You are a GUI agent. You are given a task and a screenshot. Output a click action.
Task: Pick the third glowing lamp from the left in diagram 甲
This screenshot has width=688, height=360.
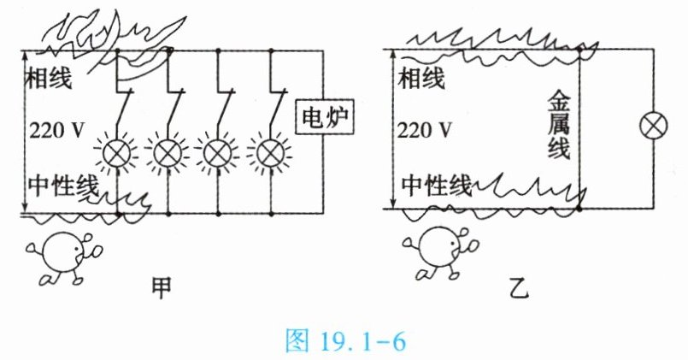219,153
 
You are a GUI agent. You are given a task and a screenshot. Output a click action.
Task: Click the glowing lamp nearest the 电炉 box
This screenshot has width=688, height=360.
270,153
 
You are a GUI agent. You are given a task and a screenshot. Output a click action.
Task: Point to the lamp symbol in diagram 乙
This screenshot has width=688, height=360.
654,128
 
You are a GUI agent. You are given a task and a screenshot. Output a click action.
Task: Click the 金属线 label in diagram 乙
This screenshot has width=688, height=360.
557,127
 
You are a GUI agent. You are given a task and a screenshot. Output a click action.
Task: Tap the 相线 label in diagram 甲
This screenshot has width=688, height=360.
51,80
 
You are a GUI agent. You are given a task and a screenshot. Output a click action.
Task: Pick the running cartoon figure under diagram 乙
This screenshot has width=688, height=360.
436,253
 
